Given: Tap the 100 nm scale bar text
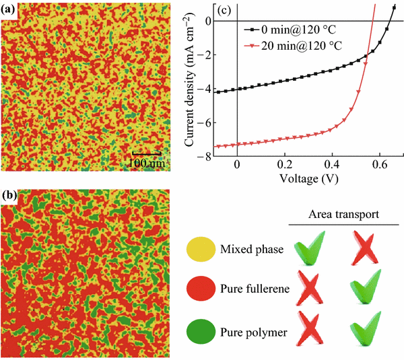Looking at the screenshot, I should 147,162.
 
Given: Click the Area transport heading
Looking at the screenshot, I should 344,213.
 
